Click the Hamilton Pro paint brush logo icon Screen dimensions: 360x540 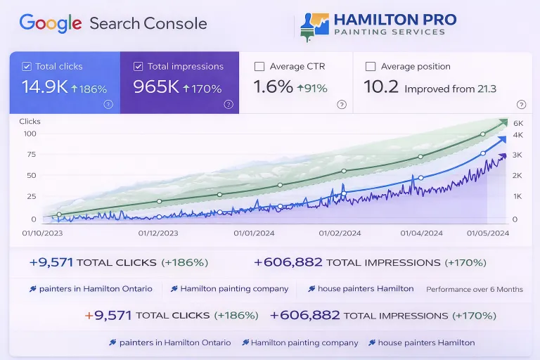[x=314, y=26]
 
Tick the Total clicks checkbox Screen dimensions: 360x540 [x=27, y=67]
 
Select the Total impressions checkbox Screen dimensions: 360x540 [x=138, y=67]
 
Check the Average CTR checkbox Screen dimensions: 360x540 [x=259, y=67]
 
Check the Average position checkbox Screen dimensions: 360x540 [x=371, y=67]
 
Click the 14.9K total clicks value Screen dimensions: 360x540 [x=44, y=88]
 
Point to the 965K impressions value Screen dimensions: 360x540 [x=156, y=88]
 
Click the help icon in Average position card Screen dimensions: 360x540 [x=521, y=104]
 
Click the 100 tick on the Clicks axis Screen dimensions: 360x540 [x=30, y=134]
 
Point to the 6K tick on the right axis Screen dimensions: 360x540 [x=517, y=123]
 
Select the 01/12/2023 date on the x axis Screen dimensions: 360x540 [x=158, y=233]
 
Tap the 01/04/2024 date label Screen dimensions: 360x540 [x=422, y=233]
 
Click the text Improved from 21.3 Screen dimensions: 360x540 [x=450, y=89]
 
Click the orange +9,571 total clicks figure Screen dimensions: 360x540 [x=108, y=316]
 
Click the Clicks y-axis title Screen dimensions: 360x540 [x=30, y=122]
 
